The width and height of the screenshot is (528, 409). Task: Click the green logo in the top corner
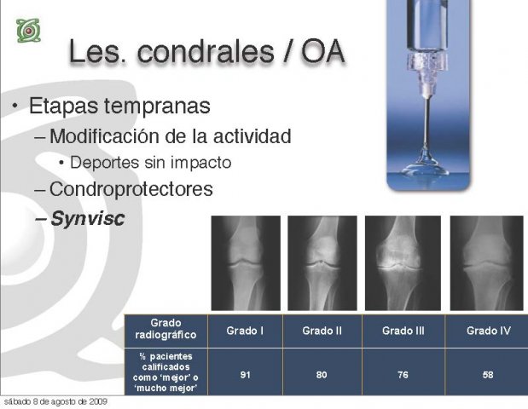coord(29,31)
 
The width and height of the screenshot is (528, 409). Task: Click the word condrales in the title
coord(206,52)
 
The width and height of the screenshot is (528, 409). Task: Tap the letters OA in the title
coord(323,53)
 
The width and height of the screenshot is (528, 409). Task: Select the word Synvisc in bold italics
coord(88,218)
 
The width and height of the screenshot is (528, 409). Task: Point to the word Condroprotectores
coord(131,188)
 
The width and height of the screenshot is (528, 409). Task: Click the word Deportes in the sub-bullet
coord(105,163)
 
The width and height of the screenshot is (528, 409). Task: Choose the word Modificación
coord(105,135)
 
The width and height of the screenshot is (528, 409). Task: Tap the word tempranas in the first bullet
coord(157,106)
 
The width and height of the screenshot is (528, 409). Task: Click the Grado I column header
coord(245,331)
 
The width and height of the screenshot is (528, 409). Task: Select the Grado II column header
coord(322,331)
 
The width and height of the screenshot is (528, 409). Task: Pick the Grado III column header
coord(403,331)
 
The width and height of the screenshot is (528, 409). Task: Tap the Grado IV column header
coord(488,331)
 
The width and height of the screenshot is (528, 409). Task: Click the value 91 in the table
coord(245,375)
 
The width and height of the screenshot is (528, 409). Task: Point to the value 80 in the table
coord(322,375)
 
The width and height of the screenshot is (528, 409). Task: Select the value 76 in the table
coord(403,375)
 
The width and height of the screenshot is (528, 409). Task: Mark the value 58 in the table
coord(488,375)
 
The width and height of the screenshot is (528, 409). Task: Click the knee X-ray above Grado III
coord(403,263)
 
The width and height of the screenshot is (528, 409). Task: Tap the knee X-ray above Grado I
coord(246,263)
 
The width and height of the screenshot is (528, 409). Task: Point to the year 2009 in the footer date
coord(98,401)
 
